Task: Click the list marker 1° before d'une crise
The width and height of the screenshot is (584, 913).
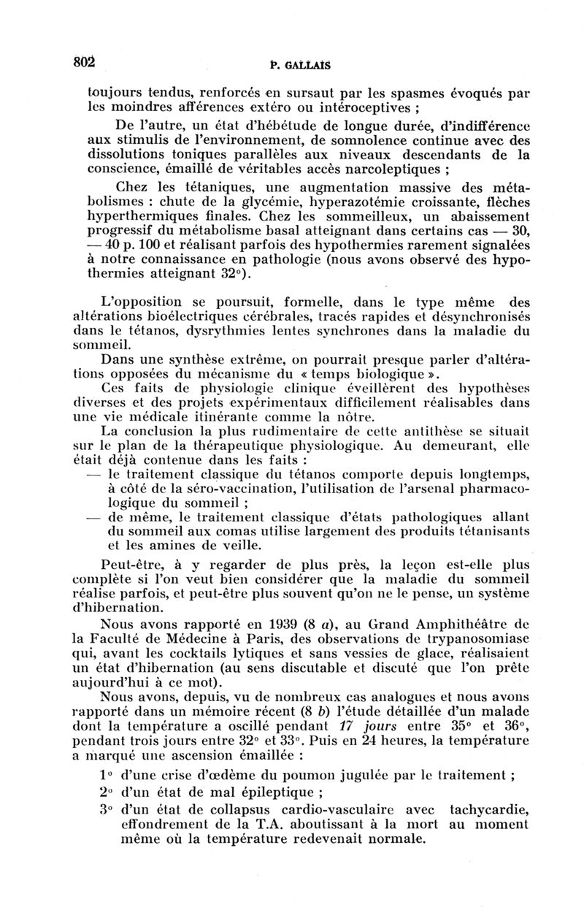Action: pyautogui.click(x=105, y=776)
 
